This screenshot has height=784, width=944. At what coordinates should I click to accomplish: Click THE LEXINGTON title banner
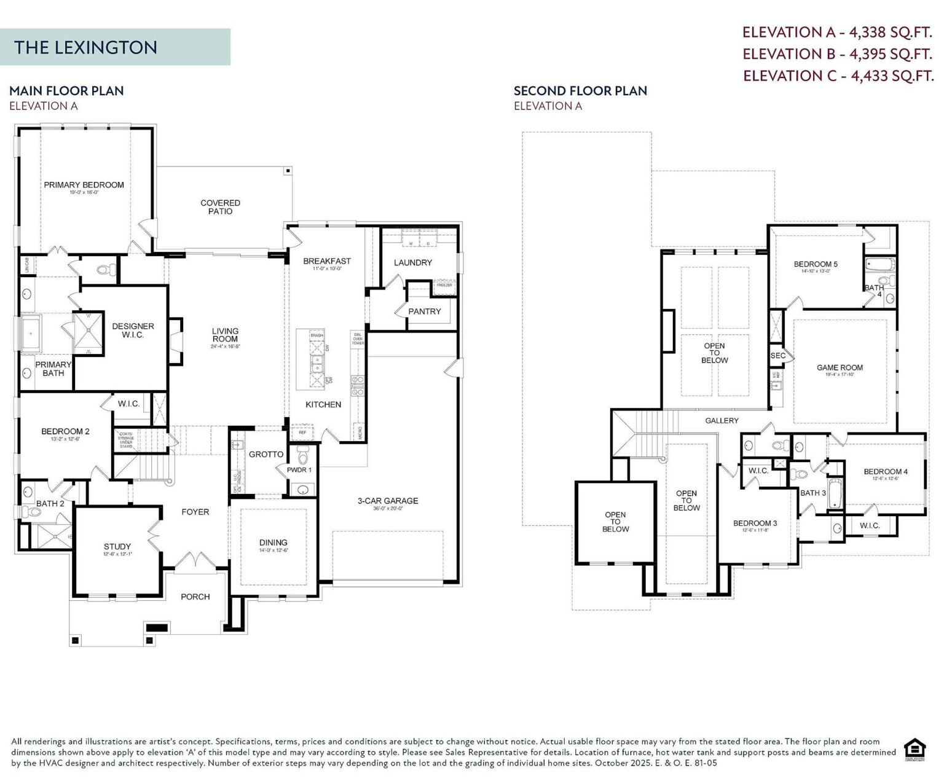115,47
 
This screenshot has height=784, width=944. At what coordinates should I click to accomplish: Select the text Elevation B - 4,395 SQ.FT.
837,54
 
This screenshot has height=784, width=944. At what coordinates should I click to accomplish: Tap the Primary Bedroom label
84,185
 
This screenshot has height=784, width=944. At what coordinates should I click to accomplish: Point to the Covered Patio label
220,207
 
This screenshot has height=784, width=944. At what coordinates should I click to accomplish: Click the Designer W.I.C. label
133,331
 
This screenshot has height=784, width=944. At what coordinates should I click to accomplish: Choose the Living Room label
225,335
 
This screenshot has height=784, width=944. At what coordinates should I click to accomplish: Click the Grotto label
266,455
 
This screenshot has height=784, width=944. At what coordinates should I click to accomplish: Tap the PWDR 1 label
299,470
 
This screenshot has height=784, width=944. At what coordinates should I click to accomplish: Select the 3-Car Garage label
388,501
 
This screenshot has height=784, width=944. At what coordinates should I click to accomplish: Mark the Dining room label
273,543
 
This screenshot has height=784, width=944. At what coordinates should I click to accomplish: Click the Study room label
117,547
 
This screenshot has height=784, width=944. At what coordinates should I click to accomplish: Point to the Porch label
195,597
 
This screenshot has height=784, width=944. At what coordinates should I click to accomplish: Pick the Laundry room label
412,262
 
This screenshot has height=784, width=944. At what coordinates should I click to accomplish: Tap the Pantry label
425,312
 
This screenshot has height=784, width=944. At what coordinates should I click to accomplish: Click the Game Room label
840,368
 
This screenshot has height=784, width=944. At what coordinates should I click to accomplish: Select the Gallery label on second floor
722,421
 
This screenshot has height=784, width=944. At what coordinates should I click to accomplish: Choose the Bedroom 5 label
816,265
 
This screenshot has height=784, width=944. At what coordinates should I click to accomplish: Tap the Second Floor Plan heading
580,91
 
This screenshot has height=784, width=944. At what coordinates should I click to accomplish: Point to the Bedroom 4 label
886,472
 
